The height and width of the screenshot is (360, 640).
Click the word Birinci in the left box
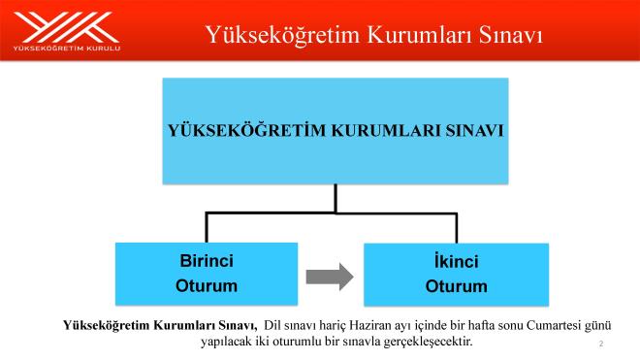coord(207,261)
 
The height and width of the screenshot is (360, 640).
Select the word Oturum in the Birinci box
coord(207,286)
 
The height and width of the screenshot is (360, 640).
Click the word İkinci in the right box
coord(456,262)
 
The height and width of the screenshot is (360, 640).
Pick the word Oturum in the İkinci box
coord(456,287)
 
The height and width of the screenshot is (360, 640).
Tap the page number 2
coord(601,344)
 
